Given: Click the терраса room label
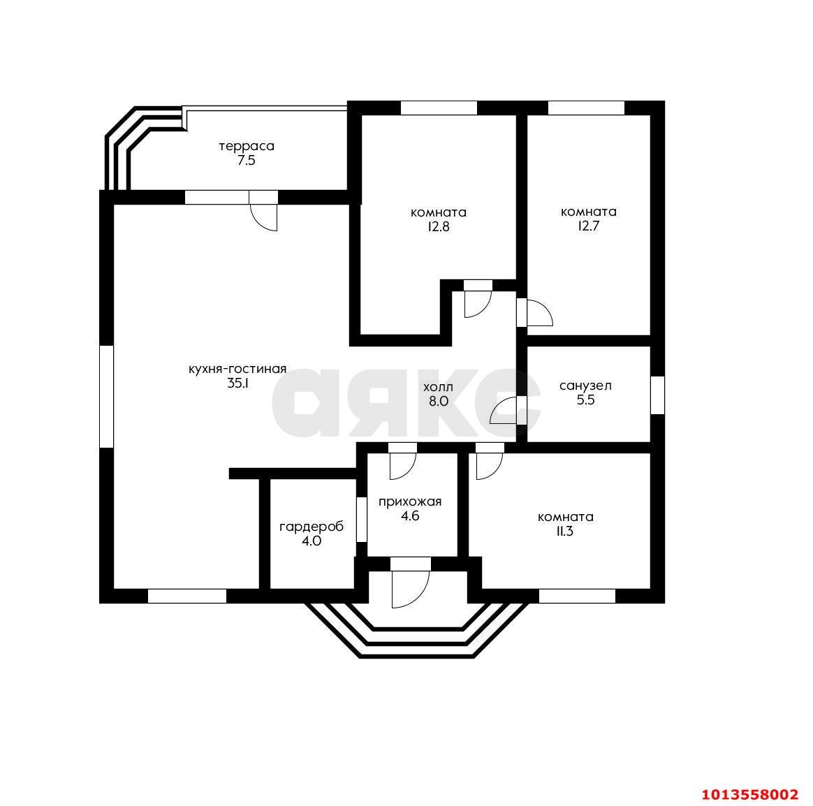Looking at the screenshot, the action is [247, 147].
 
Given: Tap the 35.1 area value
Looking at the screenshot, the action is [237, 383].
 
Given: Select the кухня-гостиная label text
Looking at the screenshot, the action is [237, 369].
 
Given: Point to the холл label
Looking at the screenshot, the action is [438, 387].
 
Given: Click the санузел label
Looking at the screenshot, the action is [585, 386].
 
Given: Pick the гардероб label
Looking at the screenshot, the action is [311, 527].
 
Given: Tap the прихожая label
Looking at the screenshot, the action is [409, 501].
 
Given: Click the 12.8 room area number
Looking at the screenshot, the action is [438, 227].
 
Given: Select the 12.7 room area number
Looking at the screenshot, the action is [589, 226].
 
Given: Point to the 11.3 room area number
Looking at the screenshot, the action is [564, 532].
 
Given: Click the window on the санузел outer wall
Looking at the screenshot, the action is [657, 395].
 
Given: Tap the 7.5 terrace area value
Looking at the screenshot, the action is [247, 160].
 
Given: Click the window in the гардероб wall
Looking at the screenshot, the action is [361, 520].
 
